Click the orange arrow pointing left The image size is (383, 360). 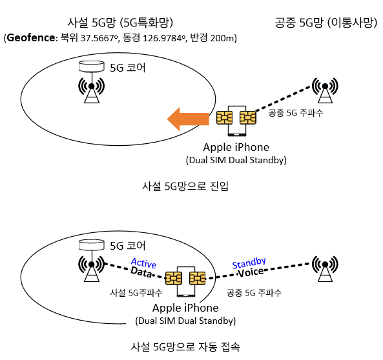point(188,119)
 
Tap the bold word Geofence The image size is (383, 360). point(31,38)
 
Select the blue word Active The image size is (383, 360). point(143,263)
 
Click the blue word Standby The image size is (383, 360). point(249,263)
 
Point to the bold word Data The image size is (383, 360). point(141,272)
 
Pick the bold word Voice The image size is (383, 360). point(251,272)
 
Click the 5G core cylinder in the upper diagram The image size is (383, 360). point(92,66)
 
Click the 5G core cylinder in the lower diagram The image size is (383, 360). point(92,245)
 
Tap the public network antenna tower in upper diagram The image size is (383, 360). point(325,90)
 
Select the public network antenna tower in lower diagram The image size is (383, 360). point(325,268)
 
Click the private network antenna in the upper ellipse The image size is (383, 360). point(92,90)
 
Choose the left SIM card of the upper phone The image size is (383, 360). point(224,118)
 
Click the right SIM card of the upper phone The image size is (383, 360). point(247,118)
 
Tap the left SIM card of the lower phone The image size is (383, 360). point(174,278)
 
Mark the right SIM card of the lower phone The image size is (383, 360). point(198,278)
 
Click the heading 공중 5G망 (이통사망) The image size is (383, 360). point(326,23)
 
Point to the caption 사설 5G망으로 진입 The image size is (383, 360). point(185,186)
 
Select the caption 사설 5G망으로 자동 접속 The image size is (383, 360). point(185,346)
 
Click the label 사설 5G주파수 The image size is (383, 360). point(136,292)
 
